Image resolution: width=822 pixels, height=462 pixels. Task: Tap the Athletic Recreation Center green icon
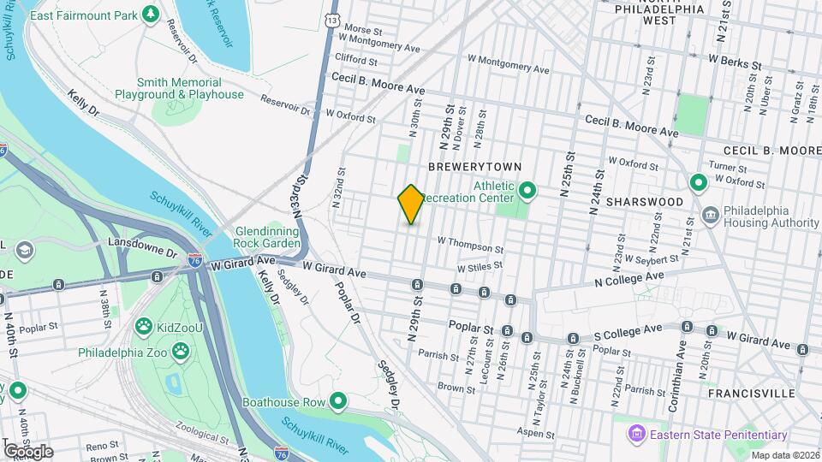tap(527, 191)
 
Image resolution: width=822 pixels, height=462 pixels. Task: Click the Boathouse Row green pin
tap(338, 400)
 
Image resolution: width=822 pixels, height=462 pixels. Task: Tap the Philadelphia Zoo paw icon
tap(181, 351)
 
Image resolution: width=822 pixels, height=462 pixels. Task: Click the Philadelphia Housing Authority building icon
tap(710, 212)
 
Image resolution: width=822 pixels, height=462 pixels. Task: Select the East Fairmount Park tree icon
tap(151, 14)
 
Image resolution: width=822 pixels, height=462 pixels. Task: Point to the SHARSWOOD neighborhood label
tap(645, 202)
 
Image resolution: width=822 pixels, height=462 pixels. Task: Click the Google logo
tap(28, 451)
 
